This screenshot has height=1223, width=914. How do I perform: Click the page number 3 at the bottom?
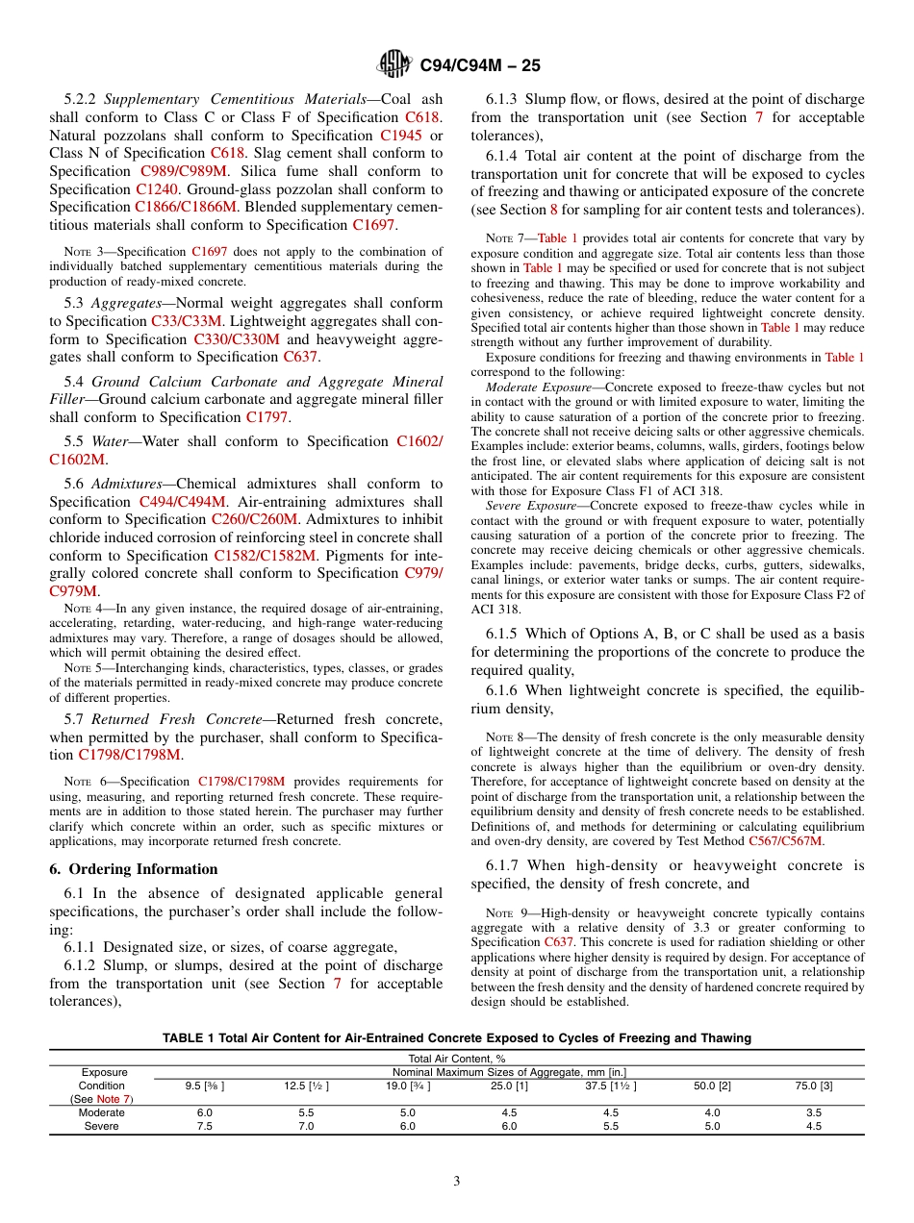[x=457, y=1181]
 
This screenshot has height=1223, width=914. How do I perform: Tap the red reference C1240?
[x=156, y=189]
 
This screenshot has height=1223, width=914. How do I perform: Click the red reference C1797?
[x=268, y=417]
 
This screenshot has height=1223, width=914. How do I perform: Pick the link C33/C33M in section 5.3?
[x=187, y=321]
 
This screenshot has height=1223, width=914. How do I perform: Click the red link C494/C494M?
[x=183, y=502]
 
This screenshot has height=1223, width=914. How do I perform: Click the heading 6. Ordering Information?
[x=134, y=869]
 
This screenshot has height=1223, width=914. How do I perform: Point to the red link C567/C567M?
[x=787, y=840]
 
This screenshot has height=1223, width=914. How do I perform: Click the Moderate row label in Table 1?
[x=101, y=1112]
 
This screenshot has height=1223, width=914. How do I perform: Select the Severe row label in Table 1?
[x=101, y=1126]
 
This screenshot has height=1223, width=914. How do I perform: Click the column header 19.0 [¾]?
[x=408, y=1086]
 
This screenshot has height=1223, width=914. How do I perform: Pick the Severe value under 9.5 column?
[x=205, y=1126]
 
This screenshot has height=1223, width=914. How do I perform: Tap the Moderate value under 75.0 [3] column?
[x=813, y=1112]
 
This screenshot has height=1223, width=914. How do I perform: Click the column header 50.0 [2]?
[x=712, y=1086]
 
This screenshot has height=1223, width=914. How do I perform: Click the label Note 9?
[x=492, y=913]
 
